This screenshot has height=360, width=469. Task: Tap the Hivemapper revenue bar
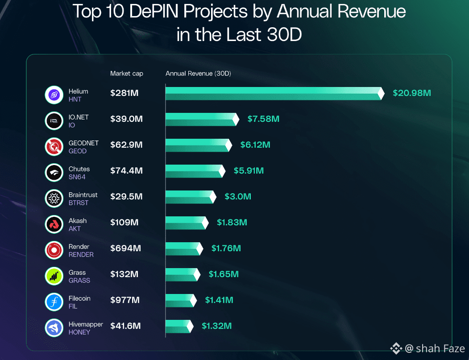coord(178,326)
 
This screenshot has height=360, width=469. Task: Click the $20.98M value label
coord(411,93)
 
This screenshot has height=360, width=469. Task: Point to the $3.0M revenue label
coord(237,197)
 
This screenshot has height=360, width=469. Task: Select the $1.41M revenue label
coord(219,300)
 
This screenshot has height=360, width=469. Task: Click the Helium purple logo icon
coord(54,95)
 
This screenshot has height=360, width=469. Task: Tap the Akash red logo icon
coord(54,224)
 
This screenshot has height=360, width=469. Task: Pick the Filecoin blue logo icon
coord(54,302)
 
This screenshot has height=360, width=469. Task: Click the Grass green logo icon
coord(54,276)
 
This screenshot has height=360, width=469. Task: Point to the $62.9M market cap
coord(126,145)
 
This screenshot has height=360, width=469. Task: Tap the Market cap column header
coord(127,74)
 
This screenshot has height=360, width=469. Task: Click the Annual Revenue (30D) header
coord(198,74)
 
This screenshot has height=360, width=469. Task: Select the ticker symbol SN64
coord(77,177)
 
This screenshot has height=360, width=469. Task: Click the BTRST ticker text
coord(79,203)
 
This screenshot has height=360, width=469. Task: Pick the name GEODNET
coord(83,143)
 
